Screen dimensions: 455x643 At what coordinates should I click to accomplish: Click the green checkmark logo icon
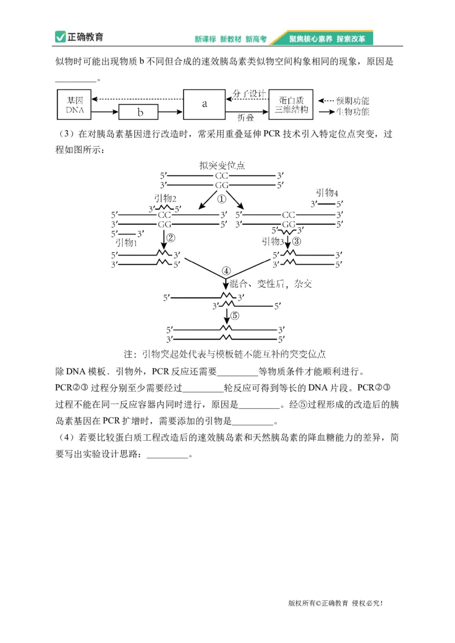(60, 37)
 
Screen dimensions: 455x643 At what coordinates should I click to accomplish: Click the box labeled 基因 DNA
(75, 105)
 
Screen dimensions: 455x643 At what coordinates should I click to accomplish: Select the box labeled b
(139, 112)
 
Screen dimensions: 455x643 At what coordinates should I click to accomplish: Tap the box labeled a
(205, 103)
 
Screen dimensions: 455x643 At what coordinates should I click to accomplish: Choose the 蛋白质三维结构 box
(291, 105)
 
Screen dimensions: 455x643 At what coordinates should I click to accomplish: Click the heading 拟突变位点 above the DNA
(222, 165)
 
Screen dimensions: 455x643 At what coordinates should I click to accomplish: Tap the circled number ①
(221, 199)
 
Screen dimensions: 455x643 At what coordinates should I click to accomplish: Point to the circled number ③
(296, 241)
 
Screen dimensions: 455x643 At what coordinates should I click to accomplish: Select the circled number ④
(226, 270)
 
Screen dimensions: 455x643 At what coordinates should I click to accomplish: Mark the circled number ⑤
(235, 316)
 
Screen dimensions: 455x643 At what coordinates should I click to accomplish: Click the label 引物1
(127, 243)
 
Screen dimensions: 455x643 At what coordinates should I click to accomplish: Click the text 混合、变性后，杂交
(271, 283)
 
